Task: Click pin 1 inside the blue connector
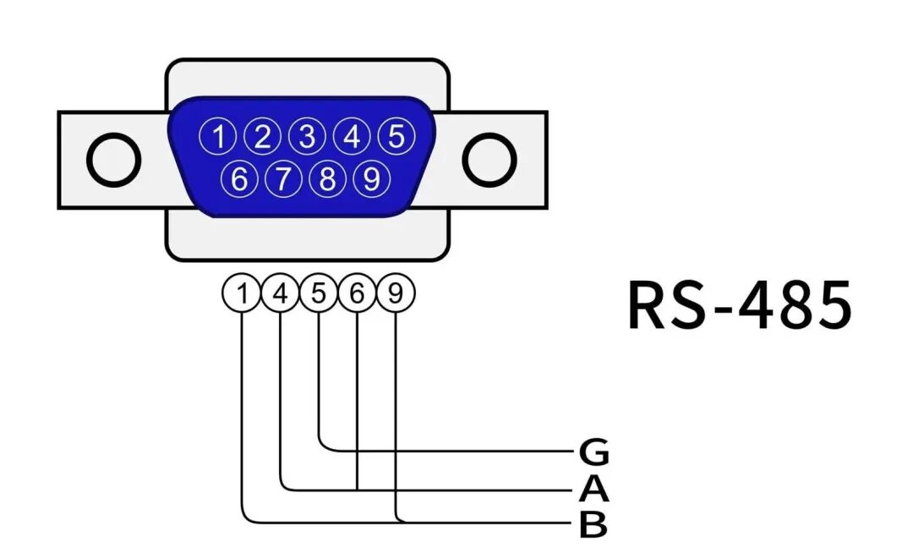(x=219, y=136)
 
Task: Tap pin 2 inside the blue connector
(x=263, y=136)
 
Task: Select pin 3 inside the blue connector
(x=307, y=136)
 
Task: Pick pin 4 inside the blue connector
(x=351, y=136)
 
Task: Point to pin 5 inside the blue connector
(x=395, y=136)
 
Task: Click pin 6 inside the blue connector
(x=240, y=178)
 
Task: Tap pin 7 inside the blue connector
(x=284, y=178)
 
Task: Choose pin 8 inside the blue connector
(x=328, y=178)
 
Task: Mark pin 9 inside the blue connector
(x=371, y=178)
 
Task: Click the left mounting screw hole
(x=113, y=160)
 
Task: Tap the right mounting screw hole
(x=489, y=160)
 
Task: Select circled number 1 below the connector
(x=242, y=293)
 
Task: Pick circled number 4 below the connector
(x=281, y=293)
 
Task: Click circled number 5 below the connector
(x=319, y=293)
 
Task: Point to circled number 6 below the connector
(x=357, y=293)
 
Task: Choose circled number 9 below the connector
(x=396, y=293)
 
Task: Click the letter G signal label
(x=593, y=453)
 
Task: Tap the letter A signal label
(x=593, y=490)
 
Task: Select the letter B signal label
(x=593, y=525)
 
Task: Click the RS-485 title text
(x=740, y=304)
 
